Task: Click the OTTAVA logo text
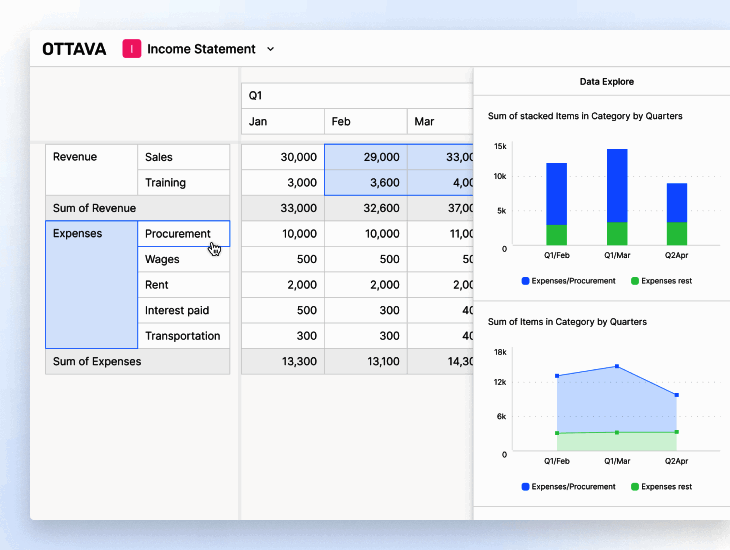(x=74, y=49)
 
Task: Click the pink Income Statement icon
(x=132, y=48)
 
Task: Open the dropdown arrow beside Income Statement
(x=270, y=49)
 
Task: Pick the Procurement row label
(x=178, y=234)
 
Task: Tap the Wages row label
(x=162, y=259)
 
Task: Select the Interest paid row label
(x=177, y=310)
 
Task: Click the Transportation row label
(x=182, y=336)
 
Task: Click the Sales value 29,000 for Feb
(x=366, y=157)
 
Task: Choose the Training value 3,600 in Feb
(x=366, y=183)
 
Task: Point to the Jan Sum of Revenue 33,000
(x=283, y=208)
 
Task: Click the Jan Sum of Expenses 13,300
(x=283, y=361)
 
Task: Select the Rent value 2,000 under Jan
(x=283, y=285)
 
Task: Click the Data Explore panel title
(x=606, y=81)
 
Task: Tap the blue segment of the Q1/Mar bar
(x=617, y=185)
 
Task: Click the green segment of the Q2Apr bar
(x=677, y=234)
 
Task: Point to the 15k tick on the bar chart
(x=500, y=146)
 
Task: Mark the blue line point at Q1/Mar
(x=617, y=366)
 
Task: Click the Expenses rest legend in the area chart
(x=665, y=487)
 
